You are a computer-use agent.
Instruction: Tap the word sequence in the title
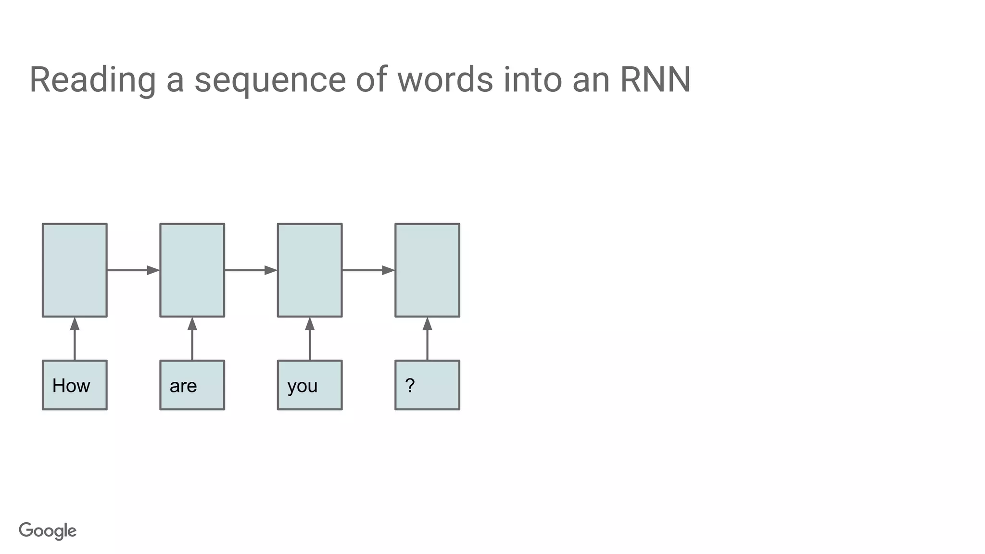[x=270, y=80]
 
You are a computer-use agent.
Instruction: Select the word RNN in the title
[x=656, y=80]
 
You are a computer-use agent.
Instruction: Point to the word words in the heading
[x=445, y=80]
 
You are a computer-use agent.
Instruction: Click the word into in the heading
[x=532, y=80]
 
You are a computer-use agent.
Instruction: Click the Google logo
[x=48, y=531]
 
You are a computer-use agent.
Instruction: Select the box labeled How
[x=75, y=385]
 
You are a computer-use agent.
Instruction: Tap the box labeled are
[x=192, y=385]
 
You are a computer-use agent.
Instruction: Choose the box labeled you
[x=310, y=385]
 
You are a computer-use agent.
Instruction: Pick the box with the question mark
[x=427, y=385]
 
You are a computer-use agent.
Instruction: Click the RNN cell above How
[x=75, y=270]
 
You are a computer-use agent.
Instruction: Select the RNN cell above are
[x=192, y=270]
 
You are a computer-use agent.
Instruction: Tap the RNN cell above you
[x=310, y=270]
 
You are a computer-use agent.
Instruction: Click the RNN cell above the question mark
[x=427, y=270]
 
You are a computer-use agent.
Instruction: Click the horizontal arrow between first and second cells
[x=133, y=270]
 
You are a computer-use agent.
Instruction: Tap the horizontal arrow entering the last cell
[x=368, y=270]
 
